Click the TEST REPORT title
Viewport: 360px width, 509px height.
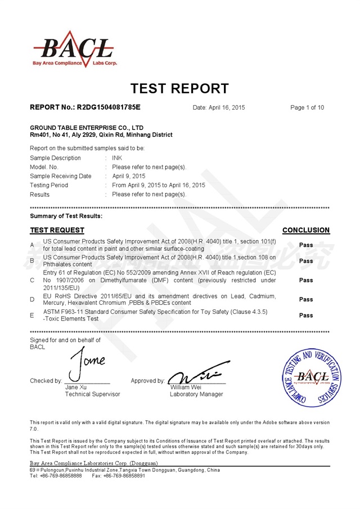[x=179, y=88]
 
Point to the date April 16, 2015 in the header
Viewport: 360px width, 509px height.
[x=219, y=107]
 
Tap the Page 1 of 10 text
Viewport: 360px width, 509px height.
[x=307, y=107]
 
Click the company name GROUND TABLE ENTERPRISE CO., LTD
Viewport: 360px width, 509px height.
[x=87, y=128]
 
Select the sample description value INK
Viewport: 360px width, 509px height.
[x=117, y=158]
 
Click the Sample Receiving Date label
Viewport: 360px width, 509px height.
[x=60, y=176]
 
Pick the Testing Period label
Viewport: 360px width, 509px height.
[x=49, y=185]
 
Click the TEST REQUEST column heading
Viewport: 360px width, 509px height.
[x=57, y=230]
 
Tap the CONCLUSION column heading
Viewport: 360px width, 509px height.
[x=306, y=230]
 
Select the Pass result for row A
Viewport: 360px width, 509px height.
[x=306, y=245]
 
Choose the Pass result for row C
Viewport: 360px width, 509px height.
[x=306, y=280]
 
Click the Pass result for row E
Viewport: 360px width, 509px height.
[x=306, y=315]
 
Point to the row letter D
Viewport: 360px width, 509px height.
[x=32, y=299]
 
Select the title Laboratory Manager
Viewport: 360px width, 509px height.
[x=196, y=394]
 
